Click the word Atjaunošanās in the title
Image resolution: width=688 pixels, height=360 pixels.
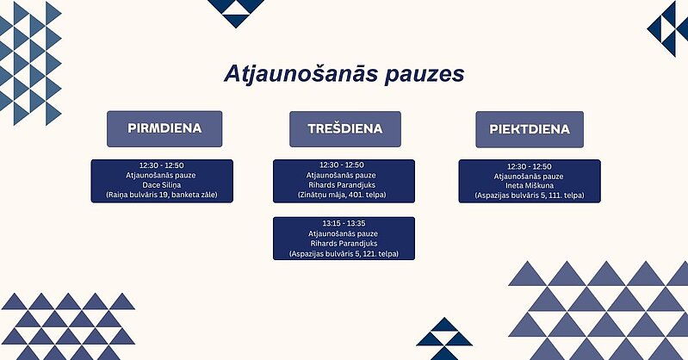click(x=301, y=74)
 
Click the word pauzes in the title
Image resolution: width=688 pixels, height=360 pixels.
click(x=425, y=75)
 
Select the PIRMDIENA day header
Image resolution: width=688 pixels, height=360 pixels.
click(x=164, y=128)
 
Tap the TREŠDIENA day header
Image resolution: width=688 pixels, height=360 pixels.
click(x=345, y=129)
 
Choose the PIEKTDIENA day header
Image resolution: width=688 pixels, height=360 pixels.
click(x=530, y=129)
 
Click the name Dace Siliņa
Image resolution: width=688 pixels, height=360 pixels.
click(x=162, y=185)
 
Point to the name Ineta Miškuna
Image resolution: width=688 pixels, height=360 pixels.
click(x=530, y=186)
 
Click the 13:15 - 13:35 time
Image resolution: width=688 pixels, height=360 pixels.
click(x=344, y=223)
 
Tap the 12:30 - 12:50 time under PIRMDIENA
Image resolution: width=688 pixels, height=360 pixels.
click(x=162, y=165)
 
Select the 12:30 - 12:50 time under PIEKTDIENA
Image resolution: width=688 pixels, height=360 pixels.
click(x=530, y=167)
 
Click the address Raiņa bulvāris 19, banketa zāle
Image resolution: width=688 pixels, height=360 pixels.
click(x=162, y=195)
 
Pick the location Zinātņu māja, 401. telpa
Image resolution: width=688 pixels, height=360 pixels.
click(x=342, y=195)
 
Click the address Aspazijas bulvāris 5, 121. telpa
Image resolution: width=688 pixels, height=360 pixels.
click(x=344, y=253)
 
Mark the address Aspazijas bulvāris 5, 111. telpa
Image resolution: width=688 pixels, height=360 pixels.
click(x=530, y=196)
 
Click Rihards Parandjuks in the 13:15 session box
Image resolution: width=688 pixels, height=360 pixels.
click(x=344, y=243)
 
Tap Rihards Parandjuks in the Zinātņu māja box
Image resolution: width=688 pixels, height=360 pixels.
click(x=342, y=185)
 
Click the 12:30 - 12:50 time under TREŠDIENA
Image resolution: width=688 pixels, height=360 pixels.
click(x=342, y=165)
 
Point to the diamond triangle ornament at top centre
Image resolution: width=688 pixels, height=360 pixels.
click(x=236, y=13)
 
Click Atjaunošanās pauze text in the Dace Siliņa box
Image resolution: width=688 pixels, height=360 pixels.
click(x=161, y=175)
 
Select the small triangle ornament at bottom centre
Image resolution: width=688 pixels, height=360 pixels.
click(x=444, y=338)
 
